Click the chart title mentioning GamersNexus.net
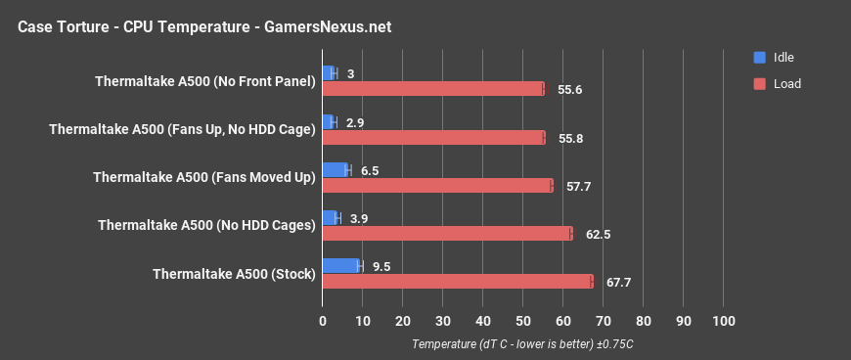pos(204,26)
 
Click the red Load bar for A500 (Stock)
pos(458,282)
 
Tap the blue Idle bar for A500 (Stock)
pos(341,266)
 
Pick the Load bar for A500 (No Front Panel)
pos(433,89)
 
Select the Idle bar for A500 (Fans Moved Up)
pos(336,170)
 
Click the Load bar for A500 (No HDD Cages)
pos(447,234)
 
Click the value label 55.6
pos(570,89)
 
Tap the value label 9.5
pos(381,266)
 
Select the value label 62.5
pos(598,234)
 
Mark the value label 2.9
pos(356,122)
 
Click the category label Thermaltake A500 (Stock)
pos(234,274)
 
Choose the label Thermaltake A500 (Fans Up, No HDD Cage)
pos(182,129)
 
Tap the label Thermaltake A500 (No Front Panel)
pos(205,81)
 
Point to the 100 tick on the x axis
pos(723,322)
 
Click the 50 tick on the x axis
pos(522,322)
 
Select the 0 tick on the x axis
pos(323,322)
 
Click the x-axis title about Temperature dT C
pos(523,344)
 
